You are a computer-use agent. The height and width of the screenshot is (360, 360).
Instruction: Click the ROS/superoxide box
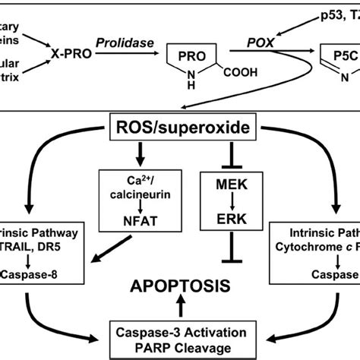click(181, 128)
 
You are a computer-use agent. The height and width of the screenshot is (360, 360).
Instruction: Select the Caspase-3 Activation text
click(179, 333)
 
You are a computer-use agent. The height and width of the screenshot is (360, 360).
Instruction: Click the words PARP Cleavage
click(179, 347)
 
